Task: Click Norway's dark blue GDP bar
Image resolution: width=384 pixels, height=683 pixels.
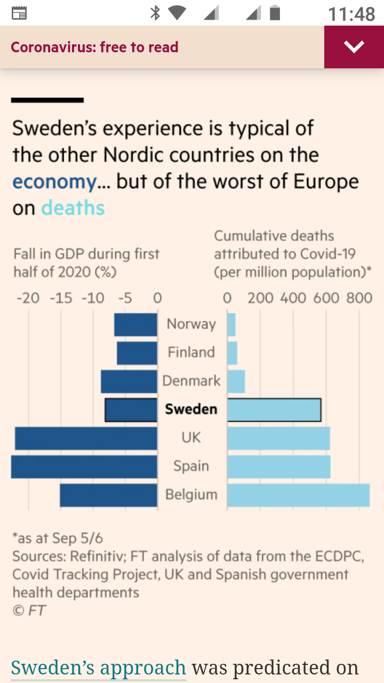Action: point(136,324)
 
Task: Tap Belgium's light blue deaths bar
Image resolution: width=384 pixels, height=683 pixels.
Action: point(298,495)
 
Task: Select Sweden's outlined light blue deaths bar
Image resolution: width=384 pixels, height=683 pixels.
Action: point(274,410)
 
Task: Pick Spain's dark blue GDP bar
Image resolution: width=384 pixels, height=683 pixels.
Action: point(84,466)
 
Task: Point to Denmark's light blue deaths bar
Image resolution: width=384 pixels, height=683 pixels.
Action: point(236,382)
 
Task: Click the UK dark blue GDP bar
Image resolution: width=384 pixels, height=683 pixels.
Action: point(86,438)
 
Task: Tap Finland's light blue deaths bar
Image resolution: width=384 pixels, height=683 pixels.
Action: point(233,353)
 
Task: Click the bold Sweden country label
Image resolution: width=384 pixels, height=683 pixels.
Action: point(191,409)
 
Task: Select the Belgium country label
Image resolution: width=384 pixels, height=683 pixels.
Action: point(191,495)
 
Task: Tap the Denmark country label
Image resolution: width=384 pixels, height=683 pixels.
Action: point(191,381)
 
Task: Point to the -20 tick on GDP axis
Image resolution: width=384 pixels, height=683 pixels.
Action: point(28,298)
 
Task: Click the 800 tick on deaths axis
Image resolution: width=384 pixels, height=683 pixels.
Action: point(359,298)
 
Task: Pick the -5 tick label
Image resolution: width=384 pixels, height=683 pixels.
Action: point(124,298)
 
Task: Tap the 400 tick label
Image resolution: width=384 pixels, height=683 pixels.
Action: point(293,298)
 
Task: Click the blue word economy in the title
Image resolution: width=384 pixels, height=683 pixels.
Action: point(54,182)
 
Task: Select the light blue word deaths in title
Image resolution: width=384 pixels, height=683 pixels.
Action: point(73,208)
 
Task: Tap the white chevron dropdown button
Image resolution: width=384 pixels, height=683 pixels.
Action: point(354,47)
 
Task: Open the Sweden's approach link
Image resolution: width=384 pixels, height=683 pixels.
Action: point(99,668)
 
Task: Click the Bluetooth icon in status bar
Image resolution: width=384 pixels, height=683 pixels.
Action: point(155,13)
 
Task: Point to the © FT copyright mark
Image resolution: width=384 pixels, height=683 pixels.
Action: point(29,610)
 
